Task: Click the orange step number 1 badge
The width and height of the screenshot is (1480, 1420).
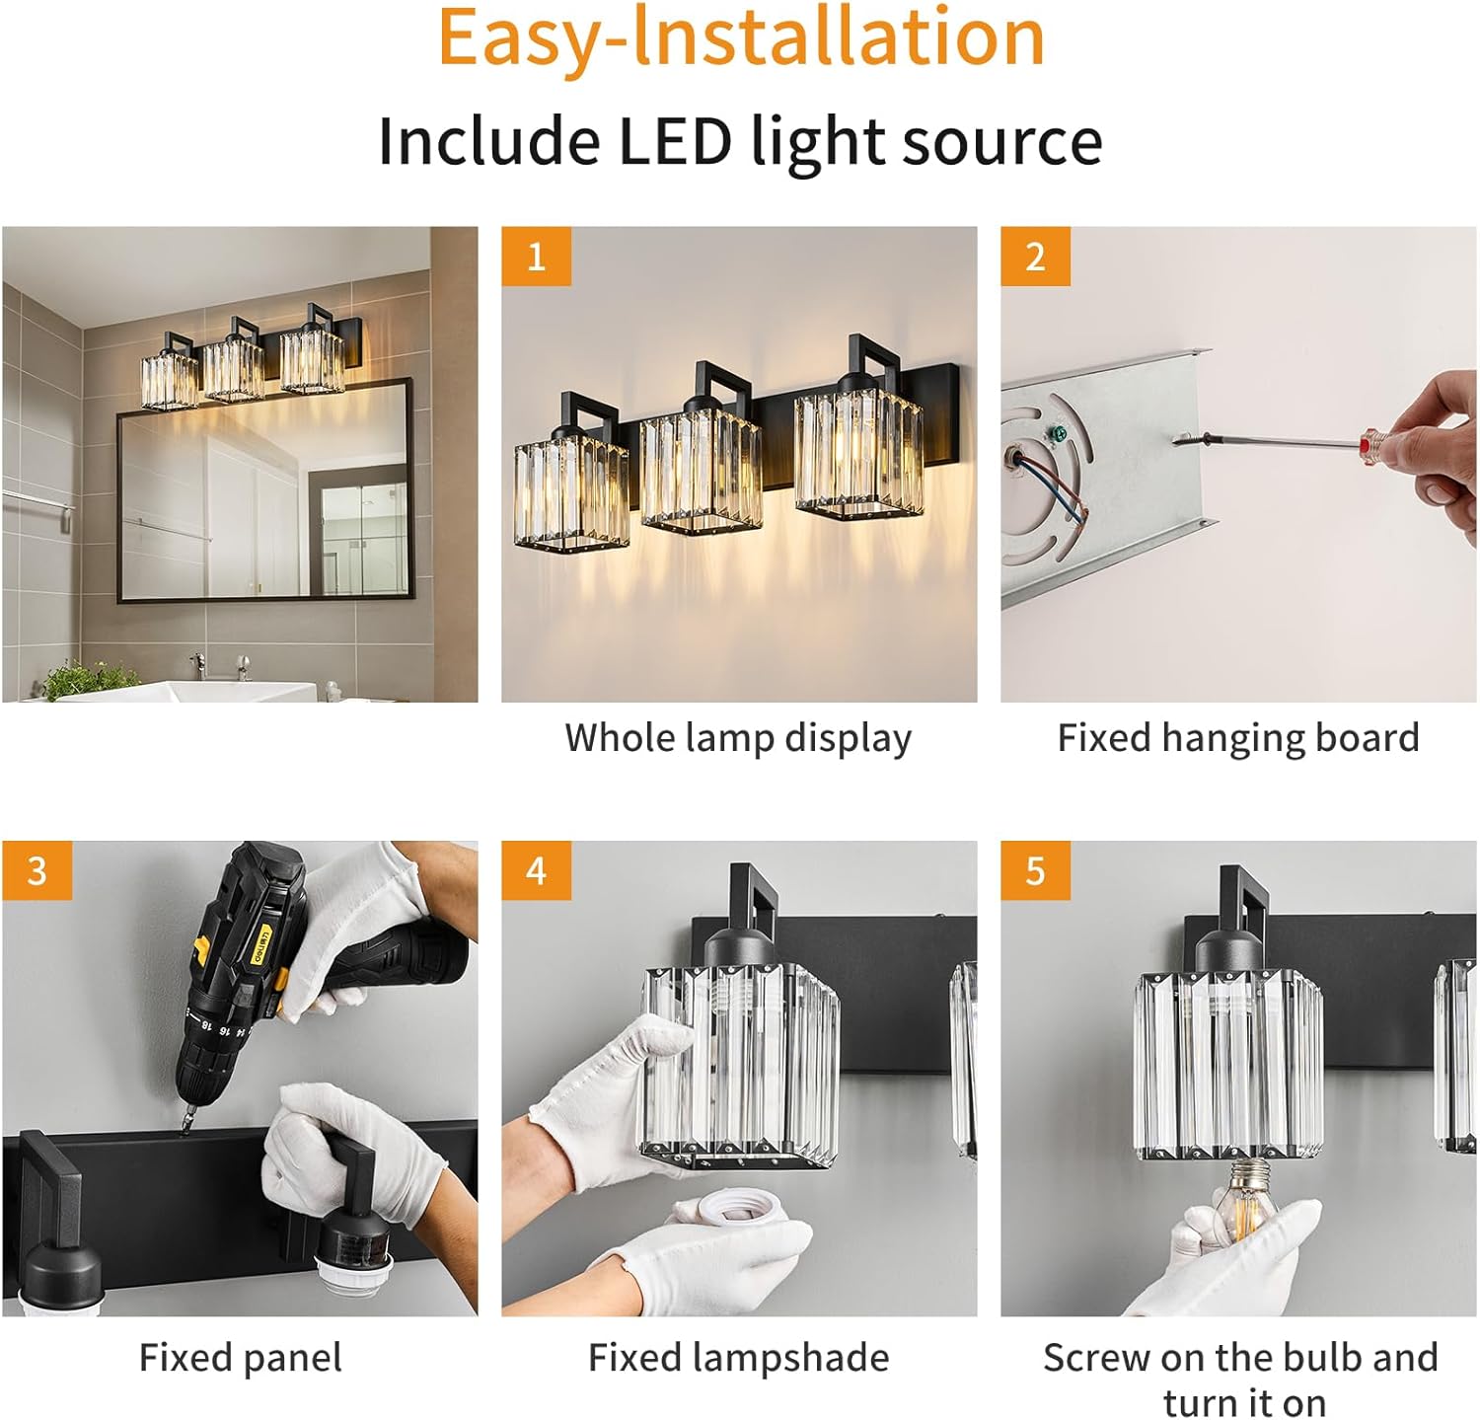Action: (536, 257)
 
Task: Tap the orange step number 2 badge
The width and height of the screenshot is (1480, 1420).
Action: (1035, 257)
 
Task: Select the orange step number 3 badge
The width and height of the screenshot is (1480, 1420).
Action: (37, 870)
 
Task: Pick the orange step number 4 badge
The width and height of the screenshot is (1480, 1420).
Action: (536, 870)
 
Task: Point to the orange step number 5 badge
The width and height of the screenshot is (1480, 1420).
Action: (1035, 870)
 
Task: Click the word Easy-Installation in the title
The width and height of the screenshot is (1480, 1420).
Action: (741, 37)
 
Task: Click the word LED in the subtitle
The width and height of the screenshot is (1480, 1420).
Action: (675, 140)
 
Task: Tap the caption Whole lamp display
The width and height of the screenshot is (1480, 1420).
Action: (738, 738)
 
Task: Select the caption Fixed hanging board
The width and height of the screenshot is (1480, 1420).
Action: (1238, 738)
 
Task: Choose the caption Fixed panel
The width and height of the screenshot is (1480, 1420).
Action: (241, 1358)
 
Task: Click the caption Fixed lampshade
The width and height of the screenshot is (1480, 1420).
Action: (738, 1358)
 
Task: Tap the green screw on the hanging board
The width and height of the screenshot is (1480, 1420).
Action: (1060, 431)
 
